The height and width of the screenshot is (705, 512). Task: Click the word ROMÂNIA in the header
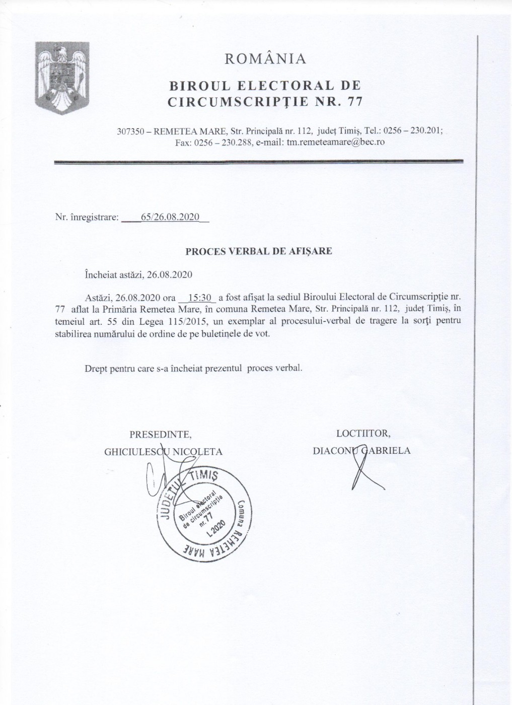point(265,59)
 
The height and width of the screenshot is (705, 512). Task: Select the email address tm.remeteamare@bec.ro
point(336,142)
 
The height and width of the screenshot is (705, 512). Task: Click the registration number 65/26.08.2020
point(171,218)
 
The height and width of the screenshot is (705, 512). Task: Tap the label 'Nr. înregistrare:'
point(87,218)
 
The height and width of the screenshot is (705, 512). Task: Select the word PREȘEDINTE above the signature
point(160,434)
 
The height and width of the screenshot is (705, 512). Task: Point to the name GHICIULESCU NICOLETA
point(163,451)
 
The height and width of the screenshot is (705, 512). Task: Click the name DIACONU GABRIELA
point(361,451)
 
